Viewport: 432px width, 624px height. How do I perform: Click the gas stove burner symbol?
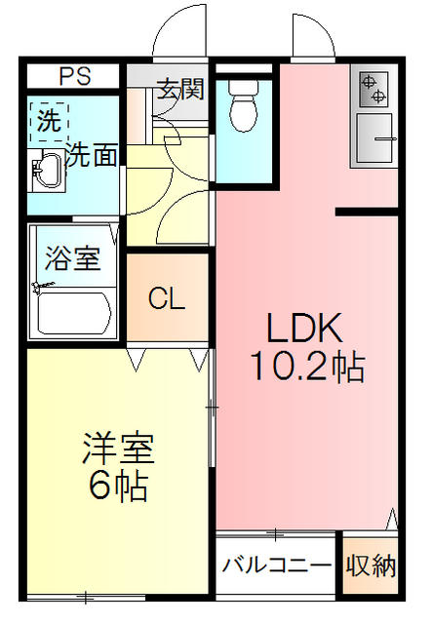click(x=373, y=90)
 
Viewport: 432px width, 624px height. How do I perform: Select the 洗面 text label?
click(x=92, y=155)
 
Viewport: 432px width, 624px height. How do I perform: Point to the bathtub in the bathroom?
click(x=72, y=311)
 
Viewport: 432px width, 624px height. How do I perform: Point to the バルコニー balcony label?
click(x=276, y=565)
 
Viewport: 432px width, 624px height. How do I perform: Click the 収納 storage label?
click(x=371, y=565)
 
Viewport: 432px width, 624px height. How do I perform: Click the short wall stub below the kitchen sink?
click(x=367, y=212)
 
